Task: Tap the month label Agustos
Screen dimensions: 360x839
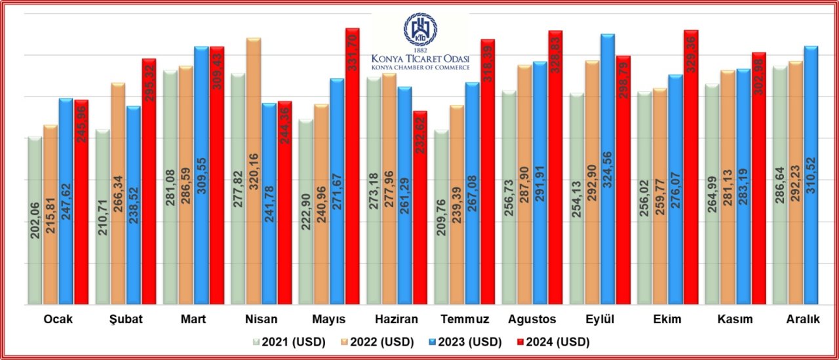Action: pos(532,319)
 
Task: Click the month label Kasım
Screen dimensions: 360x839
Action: pos(735,319)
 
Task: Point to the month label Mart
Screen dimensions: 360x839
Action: pos(193,319)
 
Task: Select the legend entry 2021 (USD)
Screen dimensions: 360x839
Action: pos(281,342)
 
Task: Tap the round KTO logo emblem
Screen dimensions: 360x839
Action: pos(420,30)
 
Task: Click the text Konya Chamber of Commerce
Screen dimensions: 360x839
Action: pos(420,67)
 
